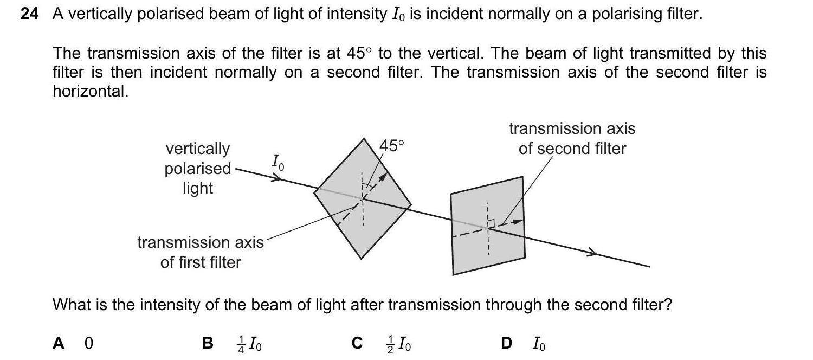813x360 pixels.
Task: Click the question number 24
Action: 30,14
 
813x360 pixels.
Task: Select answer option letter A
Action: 59,343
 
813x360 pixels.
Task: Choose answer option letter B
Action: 207,343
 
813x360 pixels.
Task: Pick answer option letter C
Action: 357,343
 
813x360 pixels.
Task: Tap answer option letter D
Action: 506,343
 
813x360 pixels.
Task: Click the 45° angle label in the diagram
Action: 391,146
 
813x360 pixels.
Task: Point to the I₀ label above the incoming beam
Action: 276,162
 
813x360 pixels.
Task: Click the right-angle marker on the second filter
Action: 491,223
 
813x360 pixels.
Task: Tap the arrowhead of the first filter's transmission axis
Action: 384,177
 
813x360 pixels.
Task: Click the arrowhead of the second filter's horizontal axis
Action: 519,221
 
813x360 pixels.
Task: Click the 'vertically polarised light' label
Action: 198,168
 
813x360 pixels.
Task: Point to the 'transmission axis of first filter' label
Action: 201,252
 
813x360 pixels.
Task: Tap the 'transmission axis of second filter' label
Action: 572,138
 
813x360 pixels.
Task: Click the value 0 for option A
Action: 89,343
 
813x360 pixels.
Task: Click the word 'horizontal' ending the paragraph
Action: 89,92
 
